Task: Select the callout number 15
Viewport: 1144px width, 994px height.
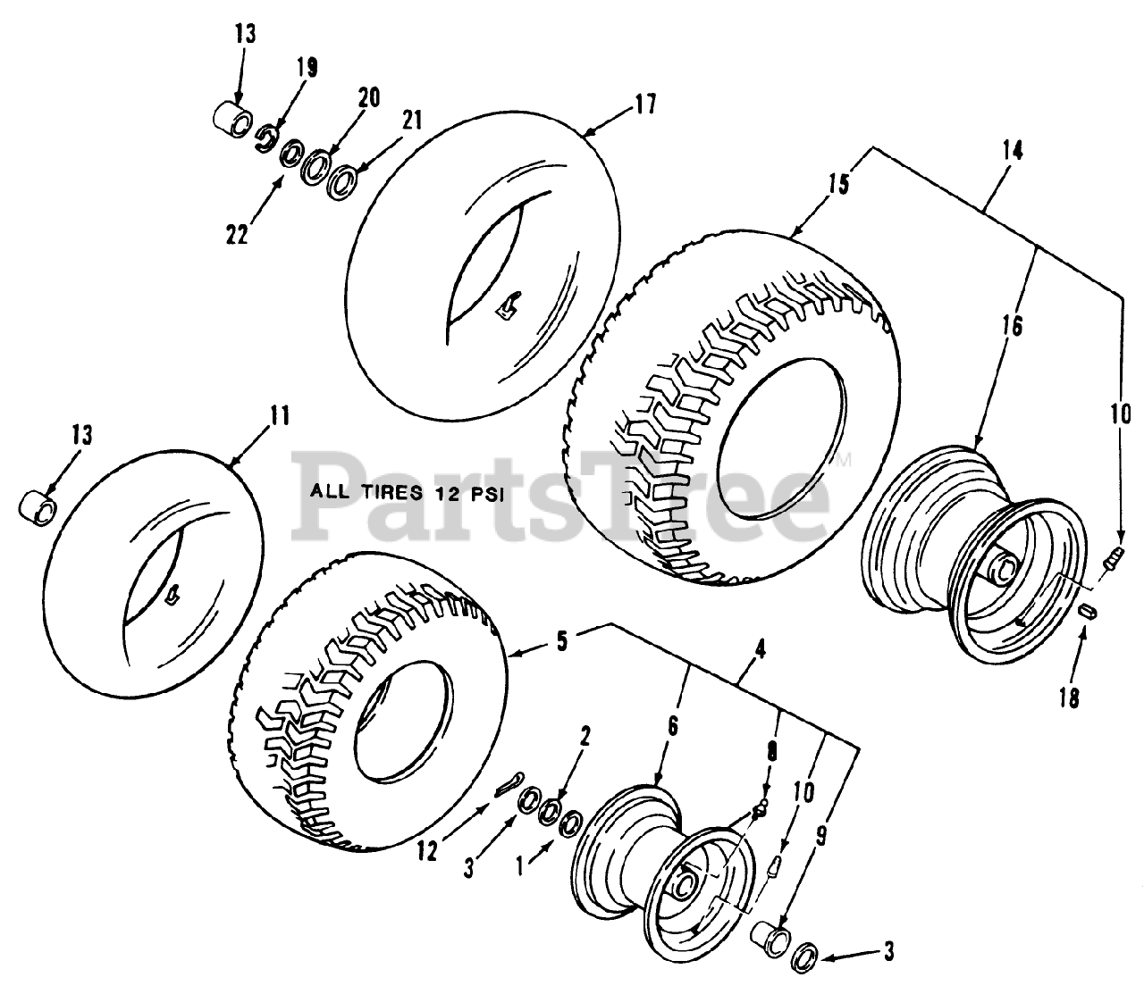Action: click(x=837, y=185)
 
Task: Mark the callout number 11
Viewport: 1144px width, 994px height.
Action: click(x=279, y=416)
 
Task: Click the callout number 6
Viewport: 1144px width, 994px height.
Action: click(x=672, y=727)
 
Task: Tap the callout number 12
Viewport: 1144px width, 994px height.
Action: click(x=427, y=852)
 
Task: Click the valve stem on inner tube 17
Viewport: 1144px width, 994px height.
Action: click(x=508, y=306)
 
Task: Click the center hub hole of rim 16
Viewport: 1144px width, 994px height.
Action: click(x=1005, y=565)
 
